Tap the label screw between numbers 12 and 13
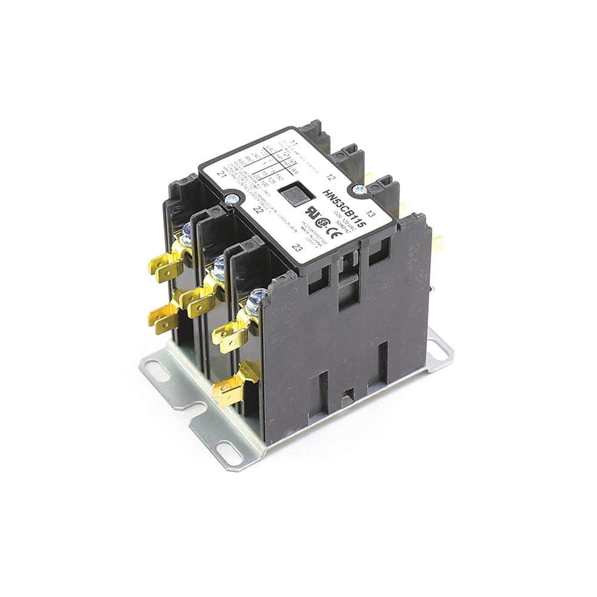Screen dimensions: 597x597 [x=359, y=189]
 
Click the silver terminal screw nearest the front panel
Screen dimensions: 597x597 [x=257, y=296]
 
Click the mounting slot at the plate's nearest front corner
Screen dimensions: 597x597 [x=230, y=453]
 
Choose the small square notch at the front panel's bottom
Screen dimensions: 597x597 [x=350, y=393]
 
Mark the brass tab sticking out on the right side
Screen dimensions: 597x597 [x=438, y=243]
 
